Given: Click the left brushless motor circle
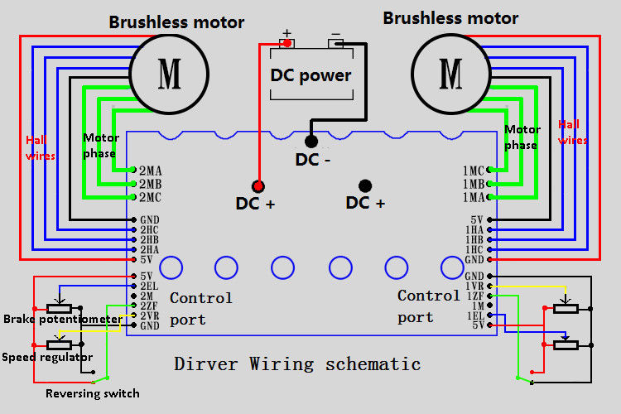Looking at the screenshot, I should coord(170,75).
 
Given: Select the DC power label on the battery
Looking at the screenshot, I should coord(311,75).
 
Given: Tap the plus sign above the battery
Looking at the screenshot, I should coord(287,35).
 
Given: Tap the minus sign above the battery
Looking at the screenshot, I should coord(335,35).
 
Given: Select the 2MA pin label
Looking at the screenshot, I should coord(151,171).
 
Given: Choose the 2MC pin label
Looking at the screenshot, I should coord(151,197).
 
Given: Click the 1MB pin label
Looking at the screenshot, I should coord(474,184).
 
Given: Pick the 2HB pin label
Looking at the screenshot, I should coord(150,239).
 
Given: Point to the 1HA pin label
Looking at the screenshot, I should coord(474,229).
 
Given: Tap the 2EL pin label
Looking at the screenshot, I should coord(150,286).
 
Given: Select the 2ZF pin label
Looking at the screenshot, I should coord(150,306).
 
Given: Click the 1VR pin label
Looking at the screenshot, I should coord(474,286).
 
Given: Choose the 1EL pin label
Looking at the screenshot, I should coord(474,315).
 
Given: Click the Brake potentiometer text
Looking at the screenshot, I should coord(62,319).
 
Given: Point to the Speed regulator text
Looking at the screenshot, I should coord(46,357).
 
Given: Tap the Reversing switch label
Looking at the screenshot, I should coord(93,393).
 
